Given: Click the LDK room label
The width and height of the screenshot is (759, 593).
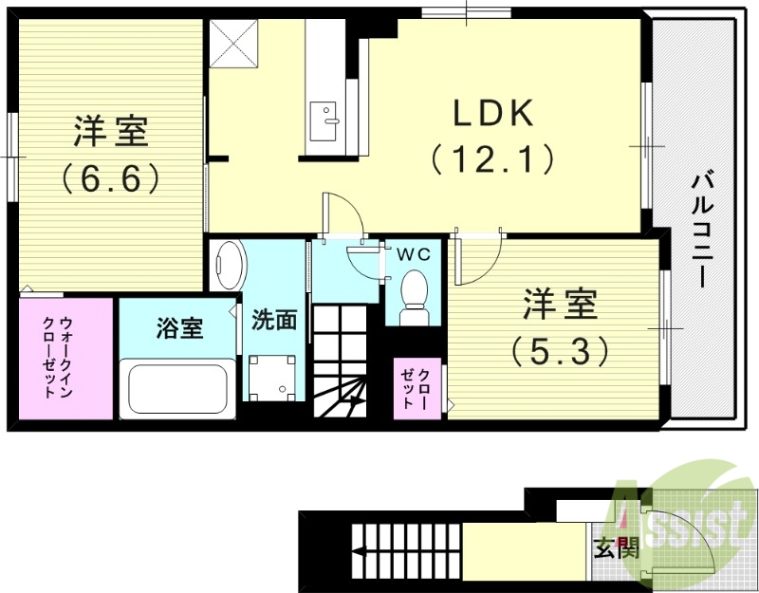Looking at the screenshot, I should click(x=493, y=115).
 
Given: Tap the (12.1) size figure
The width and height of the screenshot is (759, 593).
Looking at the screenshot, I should click(x=493, y=158).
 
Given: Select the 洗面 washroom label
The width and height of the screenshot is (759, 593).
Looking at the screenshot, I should click(x=274, y=320).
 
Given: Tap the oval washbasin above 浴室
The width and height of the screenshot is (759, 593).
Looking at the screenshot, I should click(x=228, y=267).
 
